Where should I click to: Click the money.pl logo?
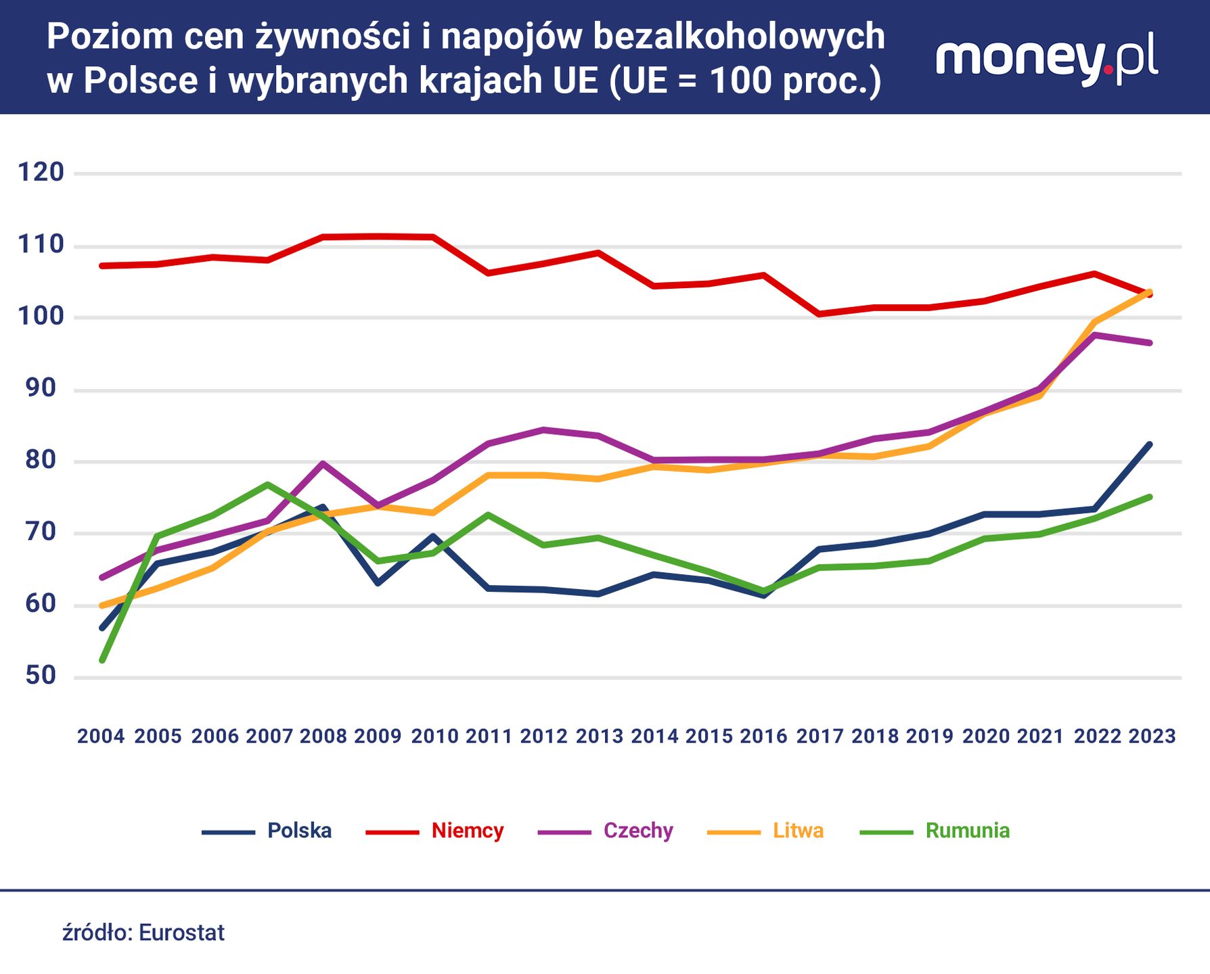1046,60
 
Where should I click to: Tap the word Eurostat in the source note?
181,933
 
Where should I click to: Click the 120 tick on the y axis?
41,172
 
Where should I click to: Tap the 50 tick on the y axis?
41,676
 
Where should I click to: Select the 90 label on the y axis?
41,388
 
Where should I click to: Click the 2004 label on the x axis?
101,736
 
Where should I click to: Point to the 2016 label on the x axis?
763,736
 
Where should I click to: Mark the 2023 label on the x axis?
1152,736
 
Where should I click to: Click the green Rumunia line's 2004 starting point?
102,660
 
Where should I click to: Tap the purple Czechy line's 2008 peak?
323,463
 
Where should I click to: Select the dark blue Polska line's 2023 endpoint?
1150,444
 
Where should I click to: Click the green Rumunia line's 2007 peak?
268,484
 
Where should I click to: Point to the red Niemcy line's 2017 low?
819,314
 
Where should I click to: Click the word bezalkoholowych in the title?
739,37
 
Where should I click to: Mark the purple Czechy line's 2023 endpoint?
1150,343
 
